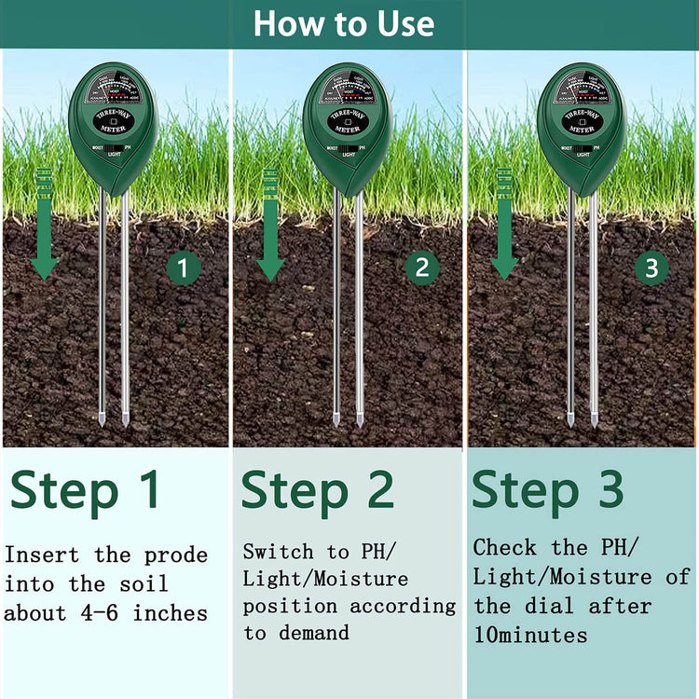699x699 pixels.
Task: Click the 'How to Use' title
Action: (x=344, y=23)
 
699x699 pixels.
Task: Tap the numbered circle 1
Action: (x=184, y=269)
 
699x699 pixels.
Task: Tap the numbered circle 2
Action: (x=421, y=268)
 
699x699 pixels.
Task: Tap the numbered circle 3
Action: (x=651, y=268)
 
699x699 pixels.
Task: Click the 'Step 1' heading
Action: (x=85, y=490)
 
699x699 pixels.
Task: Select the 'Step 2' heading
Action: (x=318, y=490)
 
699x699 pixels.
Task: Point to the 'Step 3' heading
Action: (x=548, y=490)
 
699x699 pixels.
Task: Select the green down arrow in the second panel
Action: (x=270, y=224)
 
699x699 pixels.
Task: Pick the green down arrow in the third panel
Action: (x=504, y=224)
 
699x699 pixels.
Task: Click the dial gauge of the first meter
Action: (x=113, y=91)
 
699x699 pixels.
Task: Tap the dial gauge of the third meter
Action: (x=582, y=91)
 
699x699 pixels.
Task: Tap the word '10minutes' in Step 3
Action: (x=530, y=636)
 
